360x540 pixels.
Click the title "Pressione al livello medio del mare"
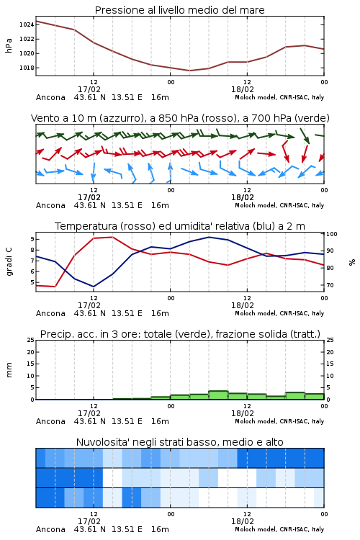179,10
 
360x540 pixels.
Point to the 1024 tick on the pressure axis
27,24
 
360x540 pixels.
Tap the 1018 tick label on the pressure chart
27,68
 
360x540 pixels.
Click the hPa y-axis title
9,45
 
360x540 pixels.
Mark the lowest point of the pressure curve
189,71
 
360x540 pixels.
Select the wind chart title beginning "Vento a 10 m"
180,118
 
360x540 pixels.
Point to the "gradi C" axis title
9,261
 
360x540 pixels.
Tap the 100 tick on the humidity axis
332,234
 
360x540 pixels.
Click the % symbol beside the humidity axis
352,262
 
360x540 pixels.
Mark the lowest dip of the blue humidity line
94,287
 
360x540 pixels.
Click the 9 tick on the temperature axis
32,239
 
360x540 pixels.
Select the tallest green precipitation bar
218,395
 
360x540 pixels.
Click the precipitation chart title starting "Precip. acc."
180,334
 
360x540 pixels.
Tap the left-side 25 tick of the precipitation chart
31,340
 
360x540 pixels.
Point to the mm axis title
9,370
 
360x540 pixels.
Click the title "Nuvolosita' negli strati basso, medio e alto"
179,442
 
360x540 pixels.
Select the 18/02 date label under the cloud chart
243,521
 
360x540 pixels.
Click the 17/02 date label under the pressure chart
89,89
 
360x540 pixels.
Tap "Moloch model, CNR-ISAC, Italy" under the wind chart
279,205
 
